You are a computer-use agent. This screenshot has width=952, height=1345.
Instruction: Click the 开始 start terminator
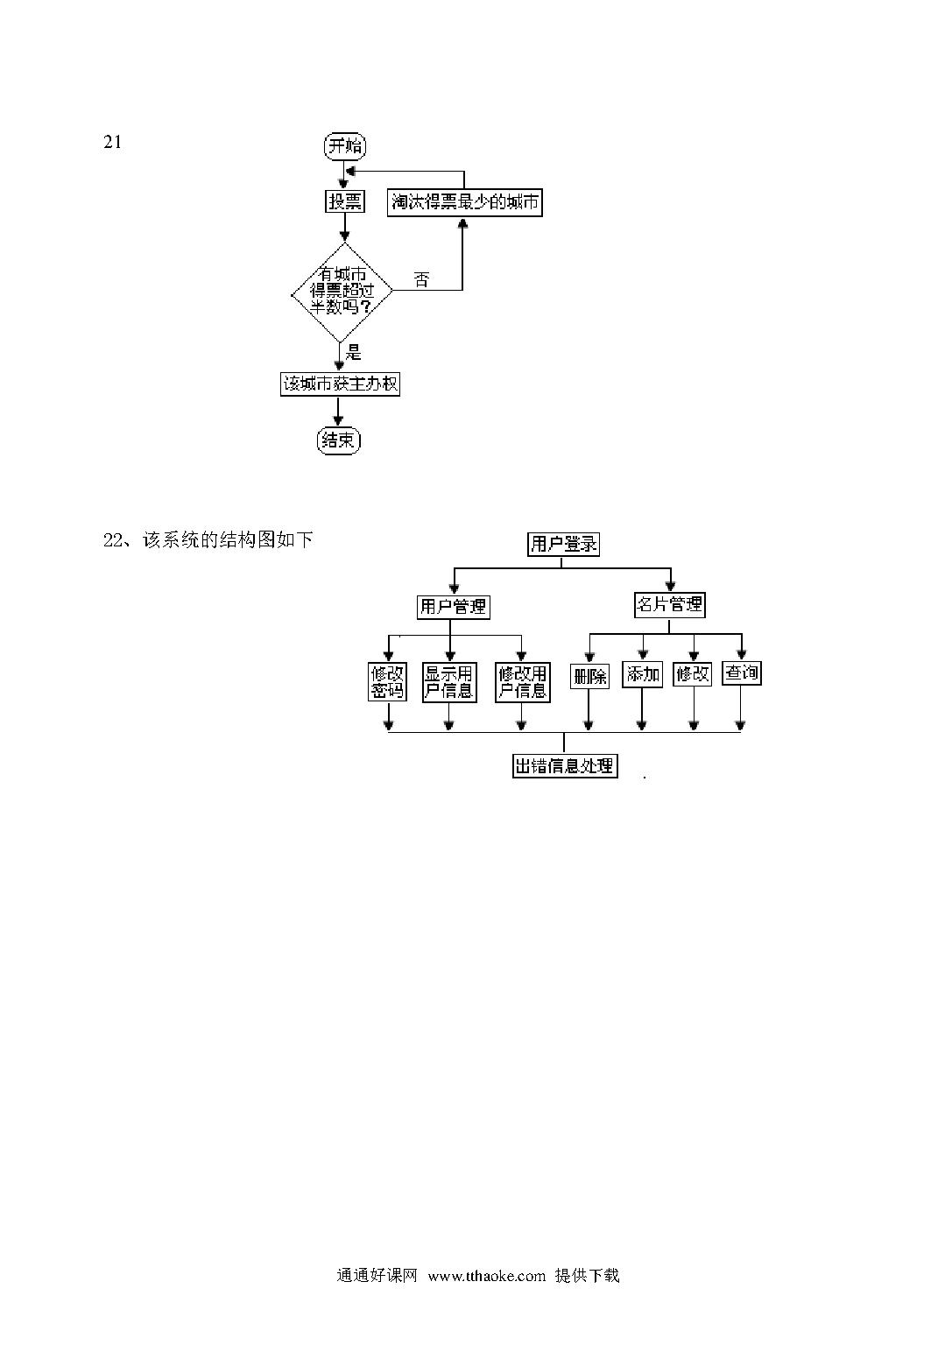click(x=345, y=146)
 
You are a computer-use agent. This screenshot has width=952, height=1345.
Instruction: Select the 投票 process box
click(x=345, y=201)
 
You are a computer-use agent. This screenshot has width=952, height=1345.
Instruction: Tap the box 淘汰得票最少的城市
click(x=464, y=201)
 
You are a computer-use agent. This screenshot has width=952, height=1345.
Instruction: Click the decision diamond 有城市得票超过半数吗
click(x=342, y=292)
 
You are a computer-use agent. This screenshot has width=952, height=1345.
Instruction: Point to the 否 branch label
click(x=421, y=279)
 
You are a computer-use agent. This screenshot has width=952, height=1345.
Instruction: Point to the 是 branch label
click(x=354, y=352)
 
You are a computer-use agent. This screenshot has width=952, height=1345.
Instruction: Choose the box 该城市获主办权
click(x=340, y=384)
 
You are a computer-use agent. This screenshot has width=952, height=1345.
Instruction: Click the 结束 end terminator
click(x=339, y=440)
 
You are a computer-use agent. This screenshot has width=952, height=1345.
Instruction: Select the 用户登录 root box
click(x=563, y=544)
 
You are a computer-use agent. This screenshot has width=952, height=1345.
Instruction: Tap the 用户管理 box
click(x=454, y=607)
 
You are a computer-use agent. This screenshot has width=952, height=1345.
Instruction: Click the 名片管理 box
click(x=670, y=604)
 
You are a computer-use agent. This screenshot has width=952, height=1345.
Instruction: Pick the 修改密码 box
click(x=387, y=681)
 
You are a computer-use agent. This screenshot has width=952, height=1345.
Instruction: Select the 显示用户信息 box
click(x=449, y=681)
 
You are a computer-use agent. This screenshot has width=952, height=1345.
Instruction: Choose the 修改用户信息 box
click(x=523, y=681)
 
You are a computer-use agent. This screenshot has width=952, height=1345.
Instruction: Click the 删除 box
click(x=589, y=676)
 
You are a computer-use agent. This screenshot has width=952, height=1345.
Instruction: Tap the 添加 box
click(x=642, y=674)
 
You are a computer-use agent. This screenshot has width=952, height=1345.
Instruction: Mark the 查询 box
click(x=742, y=672)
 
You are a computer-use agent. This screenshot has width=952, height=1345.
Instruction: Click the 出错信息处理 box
click(x=565, y=765)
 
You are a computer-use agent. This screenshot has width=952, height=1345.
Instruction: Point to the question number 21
click(x=112, y=143)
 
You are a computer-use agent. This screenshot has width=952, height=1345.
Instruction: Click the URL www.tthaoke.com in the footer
click(x=487, y=1276)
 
